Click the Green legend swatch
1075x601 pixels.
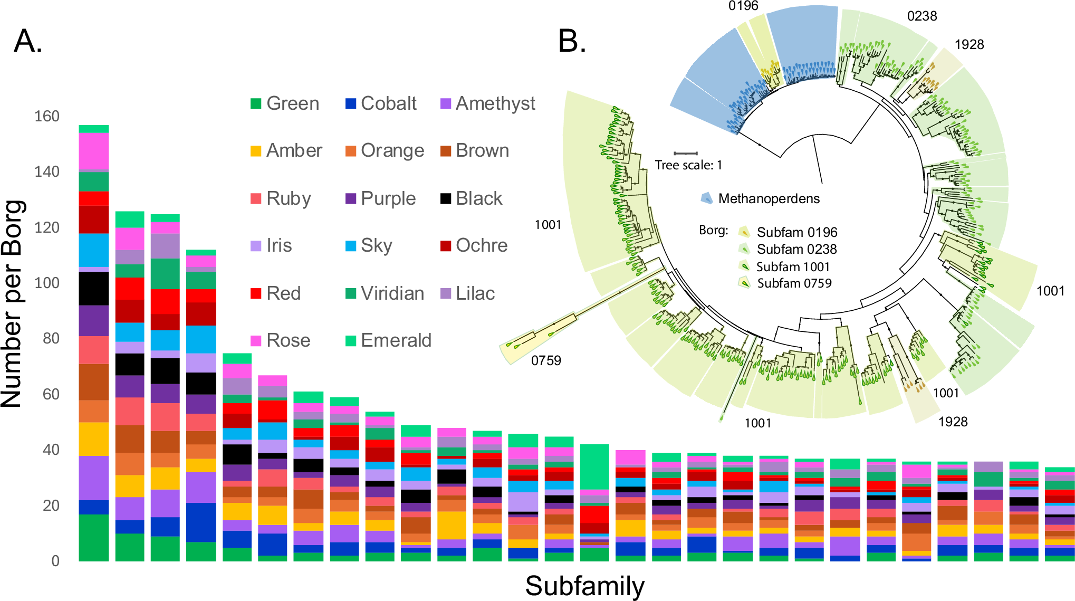(x=256, y=103)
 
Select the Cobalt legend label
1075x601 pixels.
(x=388, y=103)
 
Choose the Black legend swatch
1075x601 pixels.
(x=446, y=198)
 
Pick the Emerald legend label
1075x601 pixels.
(x=396, y=340)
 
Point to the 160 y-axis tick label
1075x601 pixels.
(x=47, y=116)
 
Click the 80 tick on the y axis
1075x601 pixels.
(x=51, y=338)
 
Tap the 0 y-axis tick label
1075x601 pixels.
(x=55, y=561)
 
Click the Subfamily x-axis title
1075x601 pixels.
(x=584, y=586)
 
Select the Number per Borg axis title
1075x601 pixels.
(x=13, y=304)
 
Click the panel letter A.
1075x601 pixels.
(x=27, y=41)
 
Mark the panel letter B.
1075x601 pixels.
(x=572, y=41)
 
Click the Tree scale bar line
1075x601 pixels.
(x=686, y=154)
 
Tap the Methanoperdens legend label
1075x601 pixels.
(x=769, y=199)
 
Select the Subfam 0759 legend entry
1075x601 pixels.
(x=794, y=283)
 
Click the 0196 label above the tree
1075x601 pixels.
(x=743, y=6)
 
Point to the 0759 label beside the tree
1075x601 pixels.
(x=546, y=360)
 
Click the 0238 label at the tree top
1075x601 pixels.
(x=922, y=16)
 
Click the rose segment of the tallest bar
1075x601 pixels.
(x=94, y=151)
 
